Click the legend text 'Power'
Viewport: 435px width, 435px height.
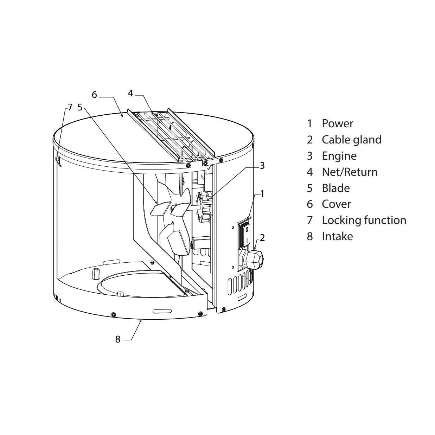(337, 123)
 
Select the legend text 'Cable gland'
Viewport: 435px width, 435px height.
(351, 140)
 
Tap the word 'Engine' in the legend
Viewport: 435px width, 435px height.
(339, 156)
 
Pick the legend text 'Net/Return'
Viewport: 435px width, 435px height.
(350, 172)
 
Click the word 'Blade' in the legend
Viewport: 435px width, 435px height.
(335, 188)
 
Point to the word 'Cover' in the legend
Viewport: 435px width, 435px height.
(336, 204)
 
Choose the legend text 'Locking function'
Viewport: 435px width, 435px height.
(364, 220)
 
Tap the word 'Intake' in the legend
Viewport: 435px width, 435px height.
(337, 236)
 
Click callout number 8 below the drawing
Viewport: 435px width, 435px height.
(118, 339)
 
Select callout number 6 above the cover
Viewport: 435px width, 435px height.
(94, 95)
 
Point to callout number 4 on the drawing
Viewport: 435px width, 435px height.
(130, 93)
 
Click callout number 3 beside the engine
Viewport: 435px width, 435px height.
(262, 165)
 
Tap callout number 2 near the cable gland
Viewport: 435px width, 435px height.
(262, 238)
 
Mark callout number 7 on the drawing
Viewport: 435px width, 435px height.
(70, 107)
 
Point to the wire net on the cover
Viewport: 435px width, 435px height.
(169, 134)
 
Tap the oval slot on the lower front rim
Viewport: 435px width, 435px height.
(162, 311)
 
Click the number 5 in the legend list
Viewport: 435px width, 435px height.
(309, 188)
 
